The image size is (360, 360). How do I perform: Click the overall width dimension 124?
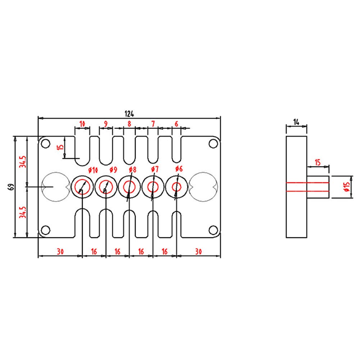[x=129, y=114]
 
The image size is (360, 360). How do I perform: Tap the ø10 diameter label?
[x=93, y=170]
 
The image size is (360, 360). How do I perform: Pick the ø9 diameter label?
[x=113, y=170]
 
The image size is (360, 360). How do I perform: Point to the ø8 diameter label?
[x=133, y=170]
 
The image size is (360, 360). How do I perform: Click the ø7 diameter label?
[x=155, y=169]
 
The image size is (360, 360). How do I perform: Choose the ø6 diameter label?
[x=179, y=169]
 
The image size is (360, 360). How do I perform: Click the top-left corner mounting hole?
[x=45, y=144]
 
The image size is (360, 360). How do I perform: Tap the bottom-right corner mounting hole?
[x=213, y=230]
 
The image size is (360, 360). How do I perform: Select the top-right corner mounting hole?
[x=213, y=144]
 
